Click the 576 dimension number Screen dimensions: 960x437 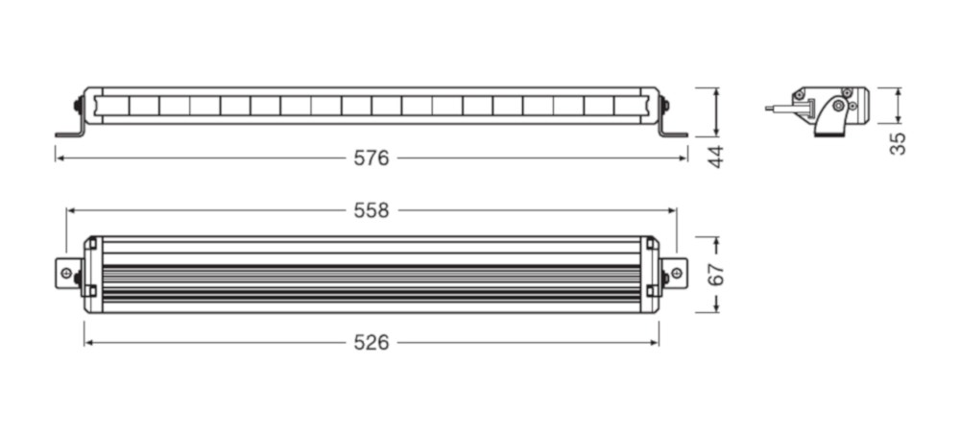pyautogui.click(x=371, y=158)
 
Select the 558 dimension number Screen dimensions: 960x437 pyautogui.click(x=371, y=211)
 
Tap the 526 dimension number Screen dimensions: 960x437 pyautogui.click(x=371, y=343)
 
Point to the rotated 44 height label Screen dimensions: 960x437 pyautogui.click(x=716, y=157)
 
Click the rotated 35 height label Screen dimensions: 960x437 pyautogui.click(x=898, y=143)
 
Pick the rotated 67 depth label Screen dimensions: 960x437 pyautogui.click(x=716, y=274)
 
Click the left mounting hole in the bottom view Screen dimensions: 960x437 pyautogui.click(x=66, y=274)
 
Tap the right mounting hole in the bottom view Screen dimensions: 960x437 pyautogui.click(x=676, y=273)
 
